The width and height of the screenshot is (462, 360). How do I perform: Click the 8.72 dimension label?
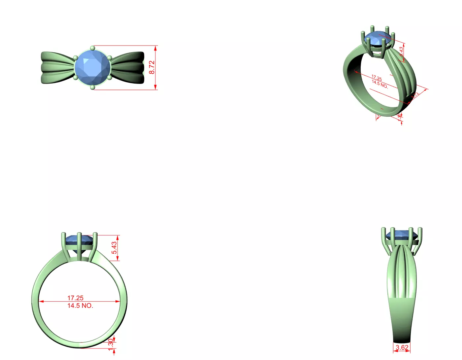point(151,67)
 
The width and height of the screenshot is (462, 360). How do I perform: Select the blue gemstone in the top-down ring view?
point(92,67)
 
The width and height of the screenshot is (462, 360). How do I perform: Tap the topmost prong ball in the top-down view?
point(92,48)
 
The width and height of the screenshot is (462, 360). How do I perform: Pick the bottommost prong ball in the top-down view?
point(92,87)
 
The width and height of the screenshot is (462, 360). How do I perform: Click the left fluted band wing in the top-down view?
point(57,67)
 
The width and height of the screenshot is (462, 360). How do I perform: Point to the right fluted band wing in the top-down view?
point(128,67)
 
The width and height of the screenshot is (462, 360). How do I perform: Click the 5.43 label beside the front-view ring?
point(114,248)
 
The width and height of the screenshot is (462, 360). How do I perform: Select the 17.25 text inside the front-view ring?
point(75,298)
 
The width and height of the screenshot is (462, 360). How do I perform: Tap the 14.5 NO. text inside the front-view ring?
point(80,306)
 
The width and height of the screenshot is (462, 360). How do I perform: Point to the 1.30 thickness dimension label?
point(111,343)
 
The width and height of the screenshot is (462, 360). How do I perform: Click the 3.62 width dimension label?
point(402,347)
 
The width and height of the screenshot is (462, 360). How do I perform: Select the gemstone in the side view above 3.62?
point(402,235)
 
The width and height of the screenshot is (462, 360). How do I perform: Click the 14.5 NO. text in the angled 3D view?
point(379,84)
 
